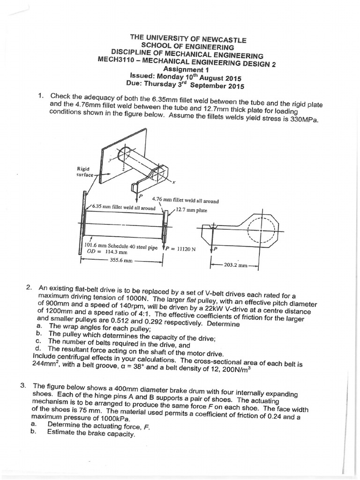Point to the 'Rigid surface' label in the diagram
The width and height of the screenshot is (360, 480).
pyautogui.click(x=85, y=172)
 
